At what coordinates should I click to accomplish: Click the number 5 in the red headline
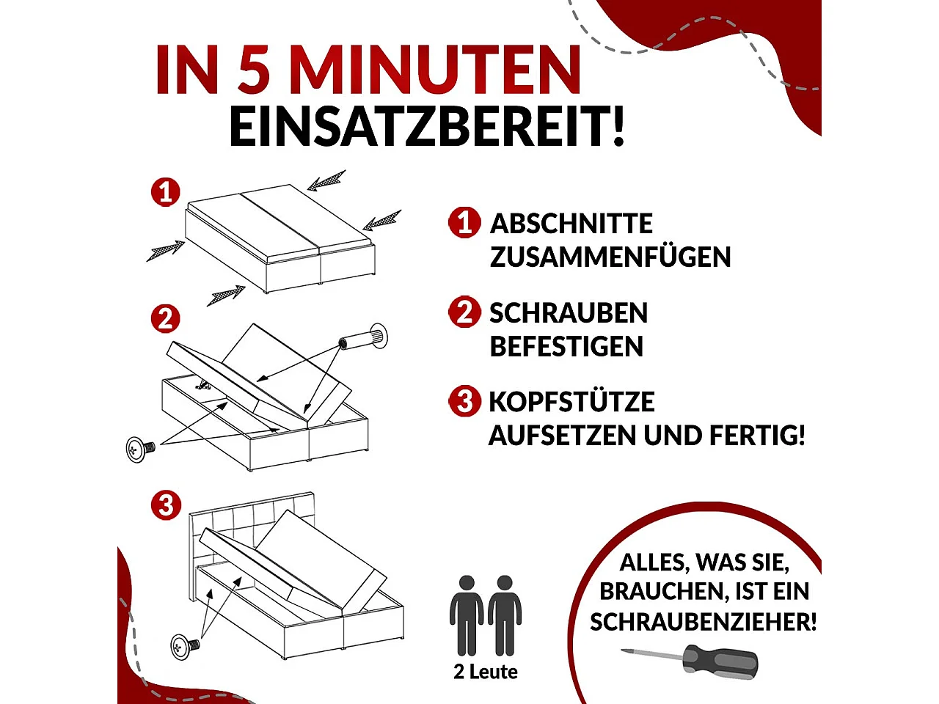pos(254,70)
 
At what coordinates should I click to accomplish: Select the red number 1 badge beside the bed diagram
pos(166,192)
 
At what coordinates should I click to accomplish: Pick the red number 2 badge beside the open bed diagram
pos(166,319)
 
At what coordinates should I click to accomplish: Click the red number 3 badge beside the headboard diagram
pos(166,505)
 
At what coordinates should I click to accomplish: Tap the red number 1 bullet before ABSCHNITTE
pos(464,222)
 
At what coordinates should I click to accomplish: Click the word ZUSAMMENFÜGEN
pos(610,257)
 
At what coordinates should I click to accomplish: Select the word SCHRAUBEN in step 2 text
pos(569,313)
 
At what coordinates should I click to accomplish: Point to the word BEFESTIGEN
pos(566,346)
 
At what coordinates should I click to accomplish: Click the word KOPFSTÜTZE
pos(571,402)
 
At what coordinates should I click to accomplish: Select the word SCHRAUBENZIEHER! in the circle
pos(703,622)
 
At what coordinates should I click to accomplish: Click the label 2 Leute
pos(486,672)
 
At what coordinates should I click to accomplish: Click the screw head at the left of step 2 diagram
pos(139,449)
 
